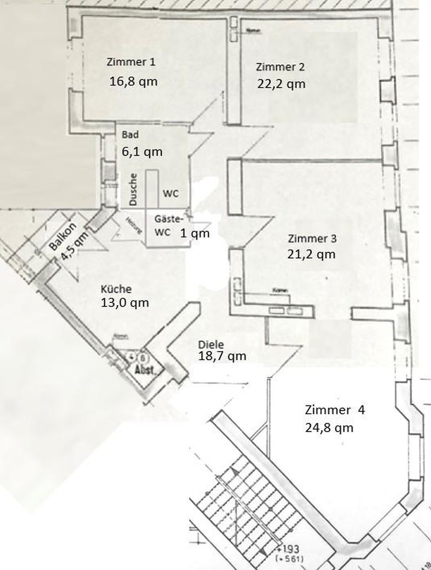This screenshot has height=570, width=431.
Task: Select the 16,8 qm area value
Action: [x=134, y=81]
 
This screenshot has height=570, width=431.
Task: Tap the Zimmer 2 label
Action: [x=280, y=67]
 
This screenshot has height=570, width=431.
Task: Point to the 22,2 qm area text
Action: [x=281, y=83]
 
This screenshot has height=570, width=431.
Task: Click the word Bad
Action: [x=130, y=134]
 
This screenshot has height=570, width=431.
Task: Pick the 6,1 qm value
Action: [x=142, y=151]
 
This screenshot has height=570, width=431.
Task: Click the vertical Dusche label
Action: [x=134, y=189]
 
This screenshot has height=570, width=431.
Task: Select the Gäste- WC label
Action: [x=168, y=225]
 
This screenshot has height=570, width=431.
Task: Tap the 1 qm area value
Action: [x=195, y=233]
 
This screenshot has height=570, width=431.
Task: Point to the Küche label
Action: [x=116, y=289]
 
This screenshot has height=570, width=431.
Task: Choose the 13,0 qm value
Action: [x=124, y=303]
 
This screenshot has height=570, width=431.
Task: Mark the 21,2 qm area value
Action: [x=311, y=254]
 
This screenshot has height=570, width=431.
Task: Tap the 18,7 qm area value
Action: [x=222, y=356]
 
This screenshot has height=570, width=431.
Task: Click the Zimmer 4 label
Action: [x=334, y=410]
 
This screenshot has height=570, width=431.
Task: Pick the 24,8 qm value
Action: [x=329, y=427]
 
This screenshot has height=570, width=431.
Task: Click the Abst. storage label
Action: [x=145, y=370]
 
